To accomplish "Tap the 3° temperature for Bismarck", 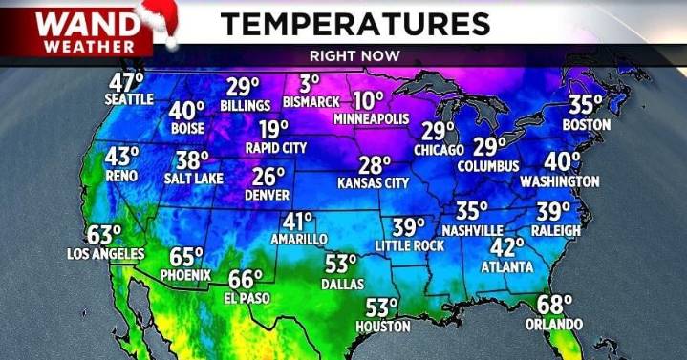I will point(309,84).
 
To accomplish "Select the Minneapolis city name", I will point(371,119).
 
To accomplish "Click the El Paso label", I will point(245,297).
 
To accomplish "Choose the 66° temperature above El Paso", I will point(245,280).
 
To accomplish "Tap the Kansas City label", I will point(374,181).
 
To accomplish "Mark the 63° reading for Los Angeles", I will point(105,235).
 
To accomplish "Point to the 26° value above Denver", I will point(269,176).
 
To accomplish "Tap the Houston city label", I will point(382,327).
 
